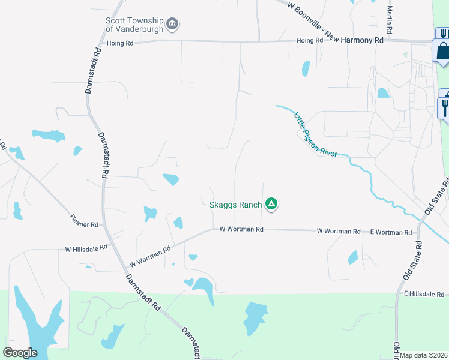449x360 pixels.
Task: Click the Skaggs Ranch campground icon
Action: [271, 205]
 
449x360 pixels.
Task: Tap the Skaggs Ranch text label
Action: [235, 205]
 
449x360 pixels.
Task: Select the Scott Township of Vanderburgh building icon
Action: [173, 24]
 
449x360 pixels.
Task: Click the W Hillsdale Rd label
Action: [86, 247]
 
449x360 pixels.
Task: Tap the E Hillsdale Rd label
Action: [424, 294]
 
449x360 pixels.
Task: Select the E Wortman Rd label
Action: [391, 232]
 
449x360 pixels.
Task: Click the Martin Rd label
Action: [390, 19]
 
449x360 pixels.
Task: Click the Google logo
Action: [20, 352]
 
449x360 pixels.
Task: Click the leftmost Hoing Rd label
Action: [119, 43]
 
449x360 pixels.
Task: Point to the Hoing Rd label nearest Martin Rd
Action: [310, 41]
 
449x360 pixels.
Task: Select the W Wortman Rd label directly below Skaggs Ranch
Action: [241, 229]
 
